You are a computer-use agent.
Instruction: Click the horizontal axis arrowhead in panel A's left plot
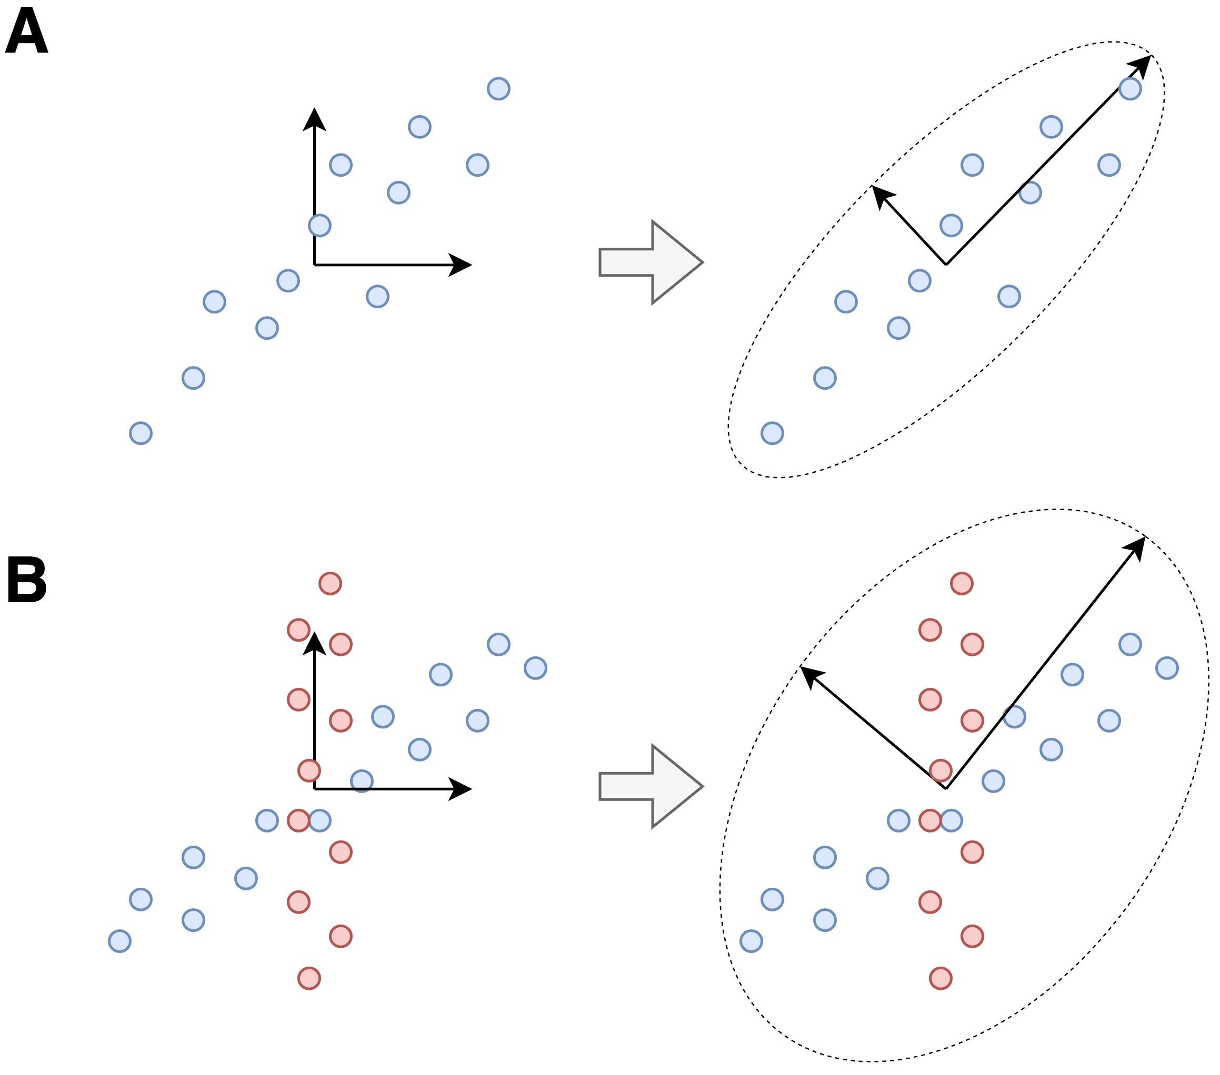tap(461, 265)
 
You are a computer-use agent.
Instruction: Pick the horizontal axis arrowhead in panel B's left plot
tap(461, 789)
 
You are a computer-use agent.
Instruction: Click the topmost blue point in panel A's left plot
tap(498, 89)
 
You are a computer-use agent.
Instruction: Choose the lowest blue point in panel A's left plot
tap(141, 433)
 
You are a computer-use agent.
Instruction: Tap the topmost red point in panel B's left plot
tap(330, 583)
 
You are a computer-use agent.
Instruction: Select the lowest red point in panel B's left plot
tap(309, 978)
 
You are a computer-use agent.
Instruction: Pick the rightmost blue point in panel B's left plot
tap(535, 668)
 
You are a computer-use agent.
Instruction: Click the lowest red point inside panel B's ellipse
tap(941, 978)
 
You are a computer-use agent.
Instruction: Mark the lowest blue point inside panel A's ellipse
tap(772, 433)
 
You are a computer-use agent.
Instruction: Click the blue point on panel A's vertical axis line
tap(320, 226)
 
